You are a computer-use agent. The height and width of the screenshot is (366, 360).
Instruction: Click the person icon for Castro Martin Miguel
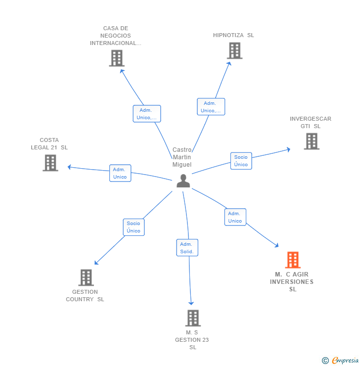click(183, 181)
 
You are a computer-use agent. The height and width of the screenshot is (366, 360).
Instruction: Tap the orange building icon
click(293, 260)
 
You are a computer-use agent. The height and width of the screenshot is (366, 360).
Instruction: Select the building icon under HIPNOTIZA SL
click(234, 50)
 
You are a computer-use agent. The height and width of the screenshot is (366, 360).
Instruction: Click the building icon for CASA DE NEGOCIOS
click(116, 58)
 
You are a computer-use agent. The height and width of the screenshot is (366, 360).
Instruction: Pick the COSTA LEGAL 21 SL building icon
click(50, 163)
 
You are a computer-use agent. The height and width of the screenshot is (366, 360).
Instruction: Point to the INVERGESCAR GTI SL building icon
click(312, 141)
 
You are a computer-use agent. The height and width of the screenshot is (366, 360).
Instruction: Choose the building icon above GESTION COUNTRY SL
click(86, 277)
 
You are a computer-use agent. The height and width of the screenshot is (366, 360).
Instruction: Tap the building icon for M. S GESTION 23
click(193, 318)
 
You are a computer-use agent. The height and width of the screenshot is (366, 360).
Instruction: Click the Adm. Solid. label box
click(187, 248)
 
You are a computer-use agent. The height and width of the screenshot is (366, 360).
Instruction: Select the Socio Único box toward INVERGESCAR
click(241, 161)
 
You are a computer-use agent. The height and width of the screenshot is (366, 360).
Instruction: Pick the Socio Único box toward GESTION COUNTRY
click(134, 227)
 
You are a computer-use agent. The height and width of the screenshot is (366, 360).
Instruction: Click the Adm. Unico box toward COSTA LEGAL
click(120, 173)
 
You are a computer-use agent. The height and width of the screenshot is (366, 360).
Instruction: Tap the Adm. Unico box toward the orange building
click(235, 217)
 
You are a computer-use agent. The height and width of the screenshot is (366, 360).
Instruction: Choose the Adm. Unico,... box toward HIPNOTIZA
click(211, 107)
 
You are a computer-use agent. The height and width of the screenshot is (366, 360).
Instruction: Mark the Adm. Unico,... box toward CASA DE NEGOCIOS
click(146, 114)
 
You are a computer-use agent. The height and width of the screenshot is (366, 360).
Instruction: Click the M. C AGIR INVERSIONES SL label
click(292, 281)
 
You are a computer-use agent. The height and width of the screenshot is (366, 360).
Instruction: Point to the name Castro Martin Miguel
click(181, 157)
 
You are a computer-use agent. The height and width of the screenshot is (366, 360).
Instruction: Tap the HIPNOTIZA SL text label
click(233, 35)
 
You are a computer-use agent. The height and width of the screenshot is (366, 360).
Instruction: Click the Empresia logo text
click(345, 361)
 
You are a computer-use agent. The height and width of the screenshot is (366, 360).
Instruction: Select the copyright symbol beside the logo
click(325, 361)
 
